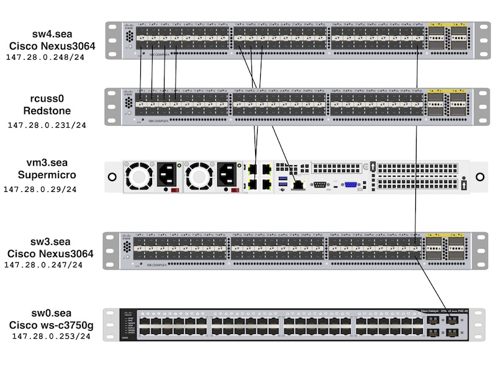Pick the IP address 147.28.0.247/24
pos(43,265)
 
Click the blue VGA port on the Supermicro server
pos(351,184)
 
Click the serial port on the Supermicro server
pos(321,184)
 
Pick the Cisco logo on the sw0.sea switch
pos(128,313)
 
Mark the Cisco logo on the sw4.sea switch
pos(129,27)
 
